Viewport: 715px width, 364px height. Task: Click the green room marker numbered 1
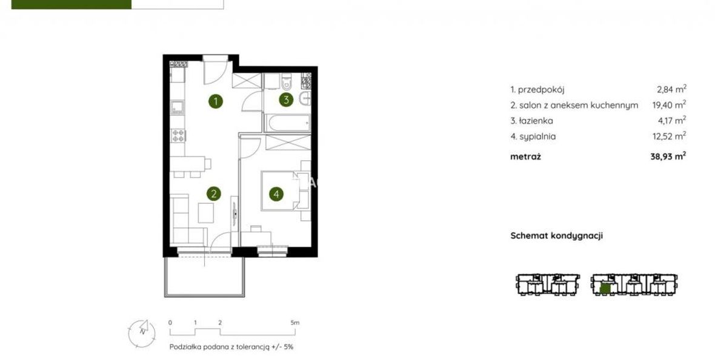click(216, 101)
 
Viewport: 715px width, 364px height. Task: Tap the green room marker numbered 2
click(213, 194)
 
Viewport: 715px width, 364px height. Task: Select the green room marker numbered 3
click(286, 99)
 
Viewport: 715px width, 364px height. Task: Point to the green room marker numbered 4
click(276, 194)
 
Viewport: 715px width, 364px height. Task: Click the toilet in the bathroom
click(287, 81)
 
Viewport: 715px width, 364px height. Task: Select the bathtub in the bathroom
click(288, 123)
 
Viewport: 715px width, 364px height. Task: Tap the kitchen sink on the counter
click(177, 107)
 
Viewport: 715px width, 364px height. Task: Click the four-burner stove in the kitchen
click(178, 135)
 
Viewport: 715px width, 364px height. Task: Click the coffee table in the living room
click(205, 212)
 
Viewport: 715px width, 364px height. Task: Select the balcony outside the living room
click(204, 276)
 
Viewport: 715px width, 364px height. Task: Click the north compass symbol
click(142, 331)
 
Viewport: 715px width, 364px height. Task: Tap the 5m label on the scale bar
click(295, 322)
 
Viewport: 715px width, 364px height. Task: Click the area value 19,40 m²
click(669, 104)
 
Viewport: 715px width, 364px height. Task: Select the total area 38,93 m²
click(668, 156)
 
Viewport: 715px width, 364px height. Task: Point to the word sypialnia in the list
click(537, 136)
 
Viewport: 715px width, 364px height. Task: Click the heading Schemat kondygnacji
click(556, 235)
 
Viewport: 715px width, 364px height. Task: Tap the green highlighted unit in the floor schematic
click(605, 288)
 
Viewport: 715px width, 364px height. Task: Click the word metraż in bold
click(525, 157)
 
